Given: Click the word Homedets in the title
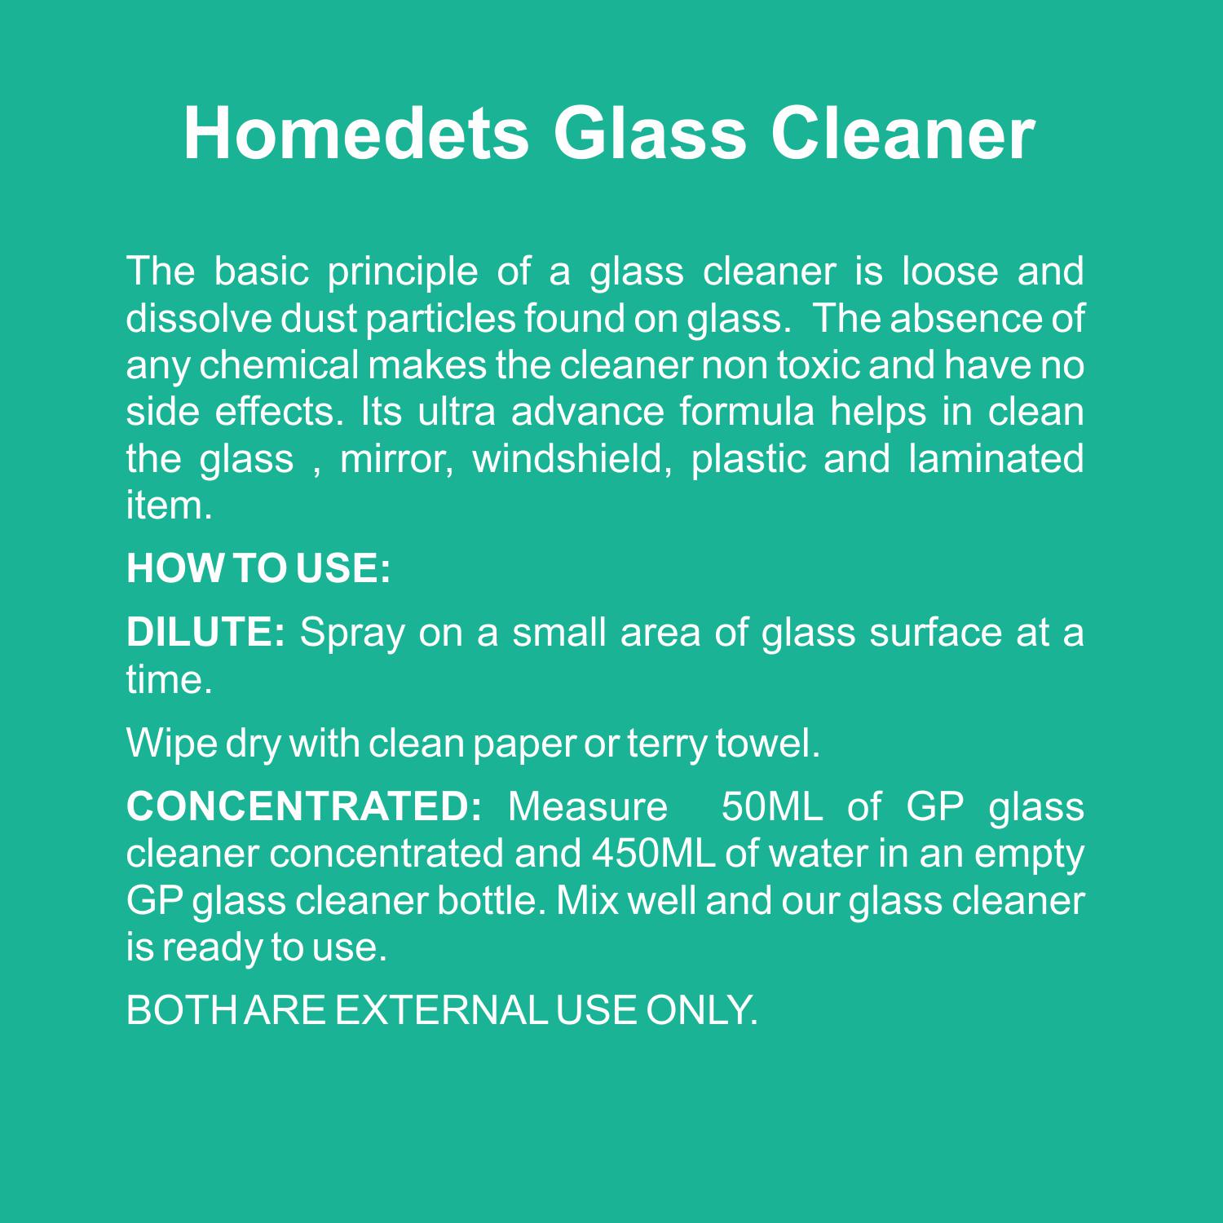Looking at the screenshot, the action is click(356, 133).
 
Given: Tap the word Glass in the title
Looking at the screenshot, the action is click(649, 133).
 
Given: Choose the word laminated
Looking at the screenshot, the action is click(996, 459).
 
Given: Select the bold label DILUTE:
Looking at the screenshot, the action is click(205, 633).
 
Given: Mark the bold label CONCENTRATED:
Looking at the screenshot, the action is click(306, 807).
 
